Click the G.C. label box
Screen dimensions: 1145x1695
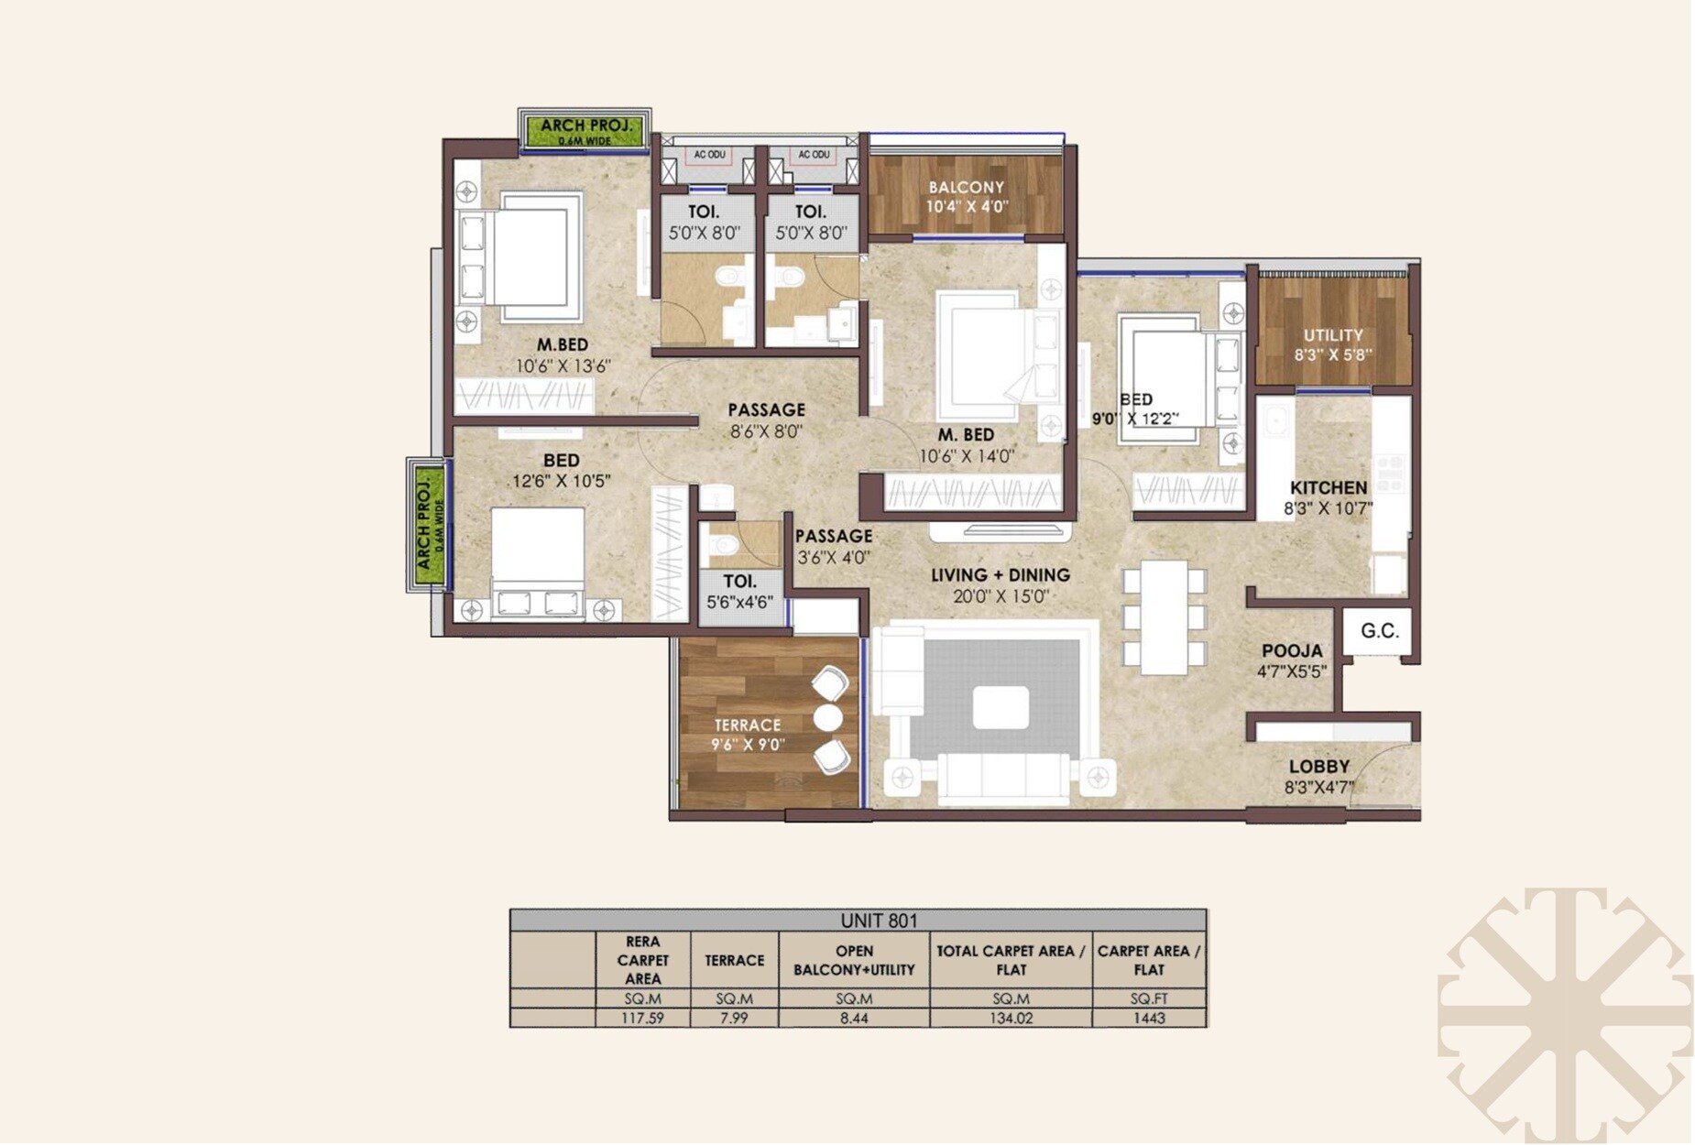[x=1378, y=631]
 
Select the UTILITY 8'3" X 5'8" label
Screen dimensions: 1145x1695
[x=1332, y=344]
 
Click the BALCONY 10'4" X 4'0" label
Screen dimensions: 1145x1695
[x=966, y=196]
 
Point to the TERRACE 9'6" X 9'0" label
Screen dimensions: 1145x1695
[x=748, y=735]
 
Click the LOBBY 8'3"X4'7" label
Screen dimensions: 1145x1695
[x=1318, y=776]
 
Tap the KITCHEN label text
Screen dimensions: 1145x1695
[x=1328, y=488]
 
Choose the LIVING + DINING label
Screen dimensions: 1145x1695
[x=1000, y=575]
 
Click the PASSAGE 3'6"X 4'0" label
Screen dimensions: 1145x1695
[x=832, y=546]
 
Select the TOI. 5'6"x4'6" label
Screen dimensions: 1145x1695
[x=739, y=592]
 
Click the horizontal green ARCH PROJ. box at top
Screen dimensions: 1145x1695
[x=584, y=131]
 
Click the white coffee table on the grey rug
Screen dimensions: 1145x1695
[x=1000, y=707]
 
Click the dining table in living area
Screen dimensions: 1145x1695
[x=1164, y=616]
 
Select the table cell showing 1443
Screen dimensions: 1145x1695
[x=1148, y=1018]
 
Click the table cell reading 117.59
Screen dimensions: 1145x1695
[x=642, y=1018]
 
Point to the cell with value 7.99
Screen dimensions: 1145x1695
[x=734, y=1018]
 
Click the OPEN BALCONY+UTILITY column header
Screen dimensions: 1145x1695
[x=853, y=960]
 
